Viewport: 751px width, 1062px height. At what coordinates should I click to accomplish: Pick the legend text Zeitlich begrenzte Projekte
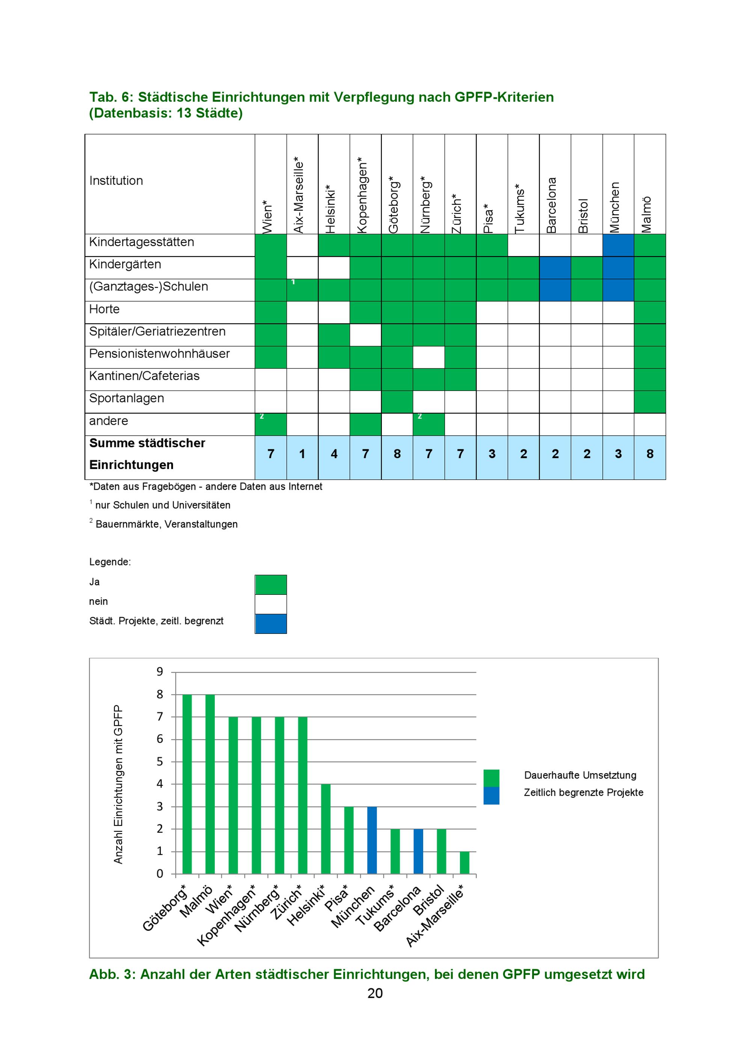(584, 792)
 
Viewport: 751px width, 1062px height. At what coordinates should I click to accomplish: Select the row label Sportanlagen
(126, 398)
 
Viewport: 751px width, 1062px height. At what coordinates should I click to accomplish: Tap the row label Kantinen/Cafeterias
(144, 376)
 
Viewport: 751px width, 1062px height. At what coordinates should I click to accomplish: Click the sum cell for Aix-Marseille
(302, 457)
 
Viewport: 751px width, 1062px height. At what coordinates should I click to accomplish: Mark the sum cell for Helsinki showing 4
(334, 457)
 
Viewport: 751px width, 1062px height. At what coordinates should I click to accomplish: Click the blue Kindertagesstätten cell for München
(618, 245)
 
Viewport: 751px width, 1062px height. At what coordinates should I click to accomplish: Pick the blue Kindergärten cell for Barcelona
(555, 268)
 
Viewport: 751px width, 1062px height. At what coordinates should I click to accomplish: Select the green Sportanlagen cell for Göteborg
(397, 402)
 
